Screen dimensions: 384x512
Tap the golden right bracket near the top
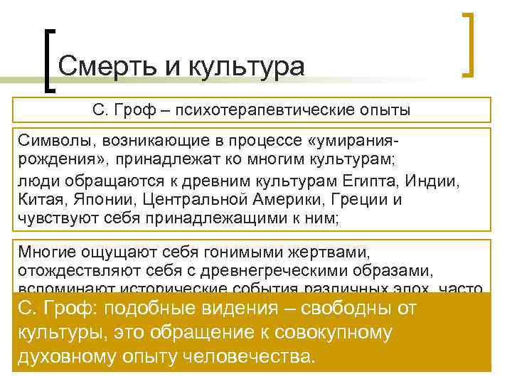469,43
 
